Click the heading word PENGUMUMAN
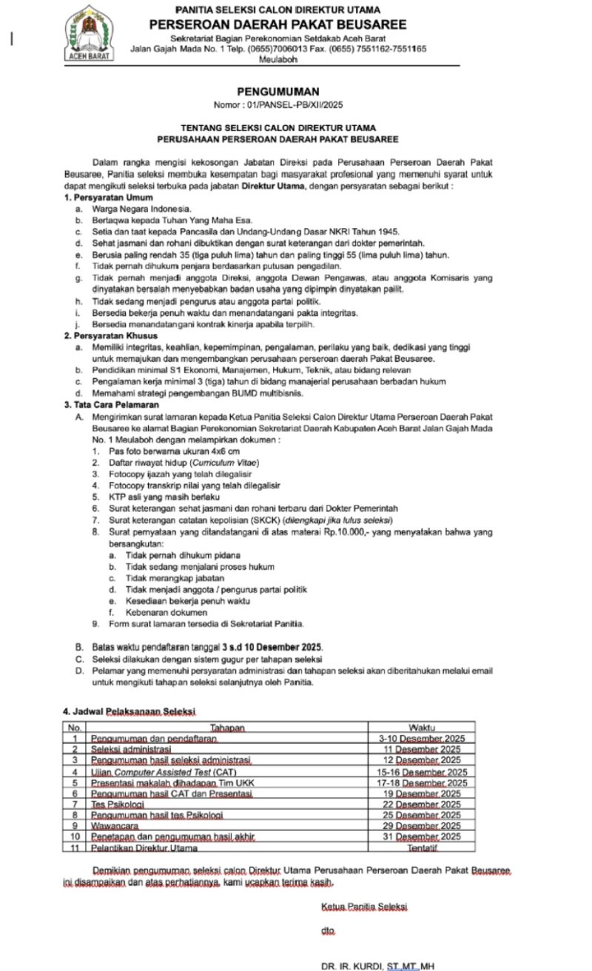pyautogui.click(x=277, y=92)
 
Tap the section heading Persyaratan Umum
pyautogui.click(x=112, y=198)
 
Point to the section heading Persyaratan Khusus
pyautogui.click(x=114, y=335)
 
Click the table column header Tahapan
pyautogui.click(x=226, y=728)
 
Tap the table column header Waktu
pyautogui.click(x=422, y=728)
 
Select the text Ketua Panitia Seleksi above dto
pyautogui.click(x=364, y=907)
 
